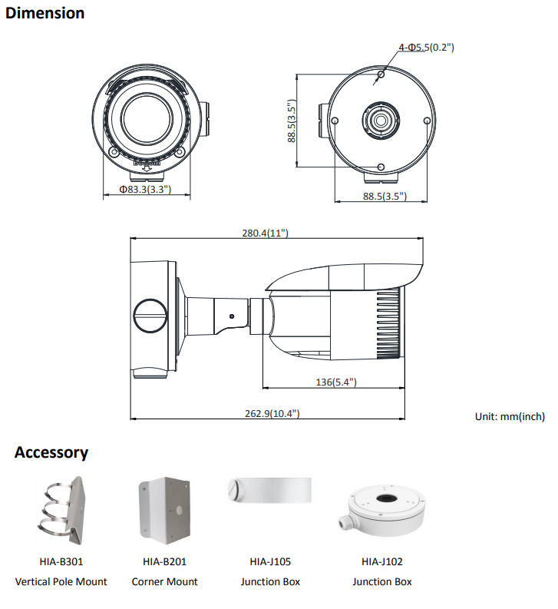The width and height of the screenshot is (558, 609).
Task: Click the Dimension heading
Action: (45, 13)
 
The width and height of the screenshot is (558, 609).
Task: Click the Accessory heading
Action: (51, 452)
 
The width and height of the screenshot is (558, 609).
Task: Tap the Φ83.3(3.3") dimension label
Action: (145, 189)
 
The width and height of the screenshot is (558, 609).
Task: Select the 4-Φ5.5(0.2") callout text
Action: (426, 48)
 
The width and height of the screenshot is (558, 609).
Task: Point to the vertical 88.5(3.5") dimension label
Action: (292, 121)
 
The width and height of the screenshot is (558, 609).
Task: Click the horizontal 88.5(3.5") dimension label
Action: (385, 197)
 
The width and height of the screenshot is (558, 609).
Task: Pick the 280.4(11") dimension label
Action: (265, 233)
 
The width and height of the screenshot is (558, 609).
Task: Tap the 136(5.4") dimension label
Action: (335, 382)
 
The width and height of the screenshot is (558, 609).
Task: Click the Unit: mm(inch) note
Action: (510, 417)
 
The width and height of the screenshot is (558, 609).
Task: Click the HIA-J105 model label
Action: (270, 562)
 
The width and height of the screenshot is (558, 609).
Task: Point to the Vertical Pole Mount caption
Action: (61, 581)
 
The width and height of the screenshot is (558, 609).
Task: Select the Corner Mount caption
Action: (164, 581)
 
